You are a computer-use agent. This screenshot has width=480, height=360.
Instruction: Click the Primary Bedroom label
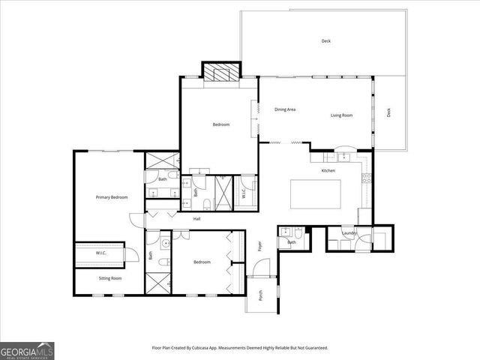(111, 197)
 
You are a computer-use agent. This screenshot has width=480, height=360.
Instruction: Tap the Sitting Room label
(110, 278)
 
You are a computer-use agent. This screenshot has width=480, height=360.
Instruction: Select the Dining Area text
(285, 109)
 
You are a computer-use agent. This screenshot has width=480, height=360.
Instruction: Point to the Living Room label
(342, 115)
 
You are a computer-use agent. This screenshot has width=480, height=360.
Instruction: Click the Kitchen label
(328, 171)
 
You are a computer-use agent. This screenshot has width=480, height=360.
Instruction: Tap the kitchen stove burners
(367, 178)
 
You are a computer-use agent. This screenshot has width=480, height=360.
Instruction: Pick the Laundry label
(349, 233)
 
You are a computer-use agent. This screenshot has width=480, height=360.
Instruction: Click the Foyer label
(261, 245)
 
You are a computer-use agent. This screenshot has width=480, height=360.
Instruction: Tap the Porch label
(261, 296)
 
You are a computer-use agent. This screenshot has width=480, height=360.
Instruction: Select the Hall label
(196, 219)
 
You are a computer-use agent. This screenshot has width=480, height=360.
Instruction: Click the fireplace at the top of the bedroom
(221, 73)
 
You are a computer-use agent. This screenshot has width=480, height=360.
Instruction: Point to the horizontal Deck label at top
(325, 41)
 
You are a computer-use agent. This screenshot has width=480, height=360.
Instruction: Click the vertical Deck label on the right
(388, 112)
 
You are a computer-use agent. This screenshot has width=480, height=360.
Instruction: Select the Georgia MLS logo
(27, 350)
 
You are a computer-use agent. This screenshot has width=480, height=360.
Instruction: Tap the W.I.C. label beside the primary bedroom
(101, 253)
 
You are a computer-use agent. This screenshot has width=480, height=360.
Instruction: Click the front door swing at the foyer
(261, 266)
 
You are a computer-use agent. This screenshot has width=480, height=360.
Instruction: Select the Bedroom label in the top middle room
(220, 124)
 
